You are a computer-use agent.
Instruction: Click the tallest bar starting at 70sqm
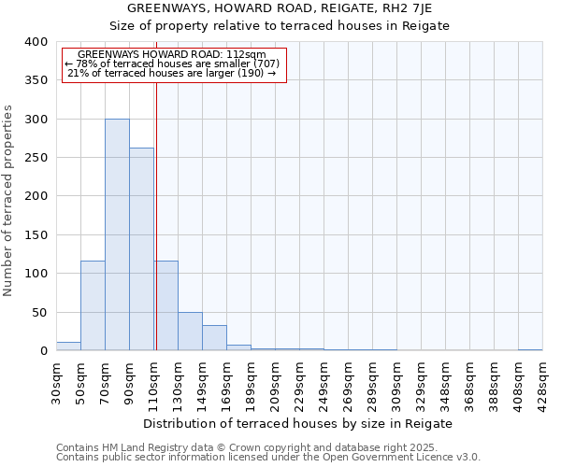click(x=117, y=234)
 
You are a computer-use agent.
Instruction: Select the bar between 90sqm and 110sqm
click(x=141, y=249)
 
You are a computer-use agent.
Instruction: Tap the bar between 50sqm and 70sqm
click(x=93, y=305)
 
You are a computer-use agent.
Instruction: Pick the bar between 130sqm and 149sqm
click(x=190, y=332)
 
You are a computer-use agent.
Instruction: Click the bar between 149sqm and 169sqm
click(x=214, y=338)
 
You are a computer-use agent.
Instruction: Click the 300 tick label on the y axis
click(x=36, y=120)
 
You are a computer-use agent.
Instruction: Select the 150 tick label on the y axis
click(x=36, y=235)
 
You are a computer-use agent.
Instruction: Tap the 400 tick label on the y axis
click(x=36, y=42)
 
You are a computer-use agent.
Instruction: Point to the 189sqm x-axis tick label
click(x=251, y=380)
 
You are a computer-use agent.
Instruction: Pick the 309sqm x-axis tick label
click(x=396, y=380)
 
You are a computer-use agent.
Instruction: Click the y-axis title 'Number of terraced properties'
click(x=8, y=201)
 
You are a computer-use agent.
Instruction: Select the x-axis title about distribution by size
click(x=298, y=423)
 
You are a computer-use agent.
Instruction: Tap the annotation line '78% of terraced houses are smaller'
click(x=172, y=64)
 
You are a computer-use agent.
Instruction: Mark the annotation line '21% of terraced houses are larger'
click(x=172, y=73)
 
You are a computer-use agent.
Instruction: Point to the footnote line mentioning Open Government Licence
click(x=268, y=457)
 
